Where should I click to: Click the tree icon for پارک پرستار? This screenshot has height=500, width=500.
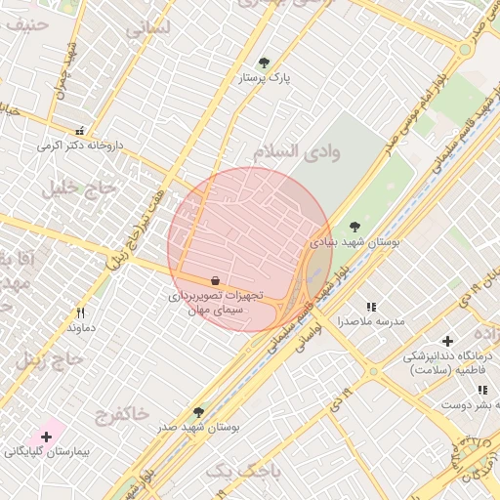(x=264, y=62)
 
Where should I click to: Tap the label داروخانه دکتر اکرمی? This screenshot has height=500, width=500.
(x=81, y=146)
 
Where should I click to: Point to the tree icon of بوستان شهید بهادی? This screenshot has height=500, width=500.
(x=354, y=227)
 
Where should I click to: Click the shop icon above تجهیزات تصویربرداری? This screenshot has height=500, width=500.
(x=215, y=280)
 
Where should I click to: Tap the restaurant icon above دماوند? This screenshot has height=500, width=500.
(x=81, y=313)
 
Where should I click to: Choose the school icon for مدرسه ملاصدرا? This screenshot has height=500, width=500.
(x=370, y=307)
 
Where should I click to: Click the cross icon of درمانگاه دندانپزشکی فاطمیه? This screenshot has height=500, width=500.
(x=447, y=341)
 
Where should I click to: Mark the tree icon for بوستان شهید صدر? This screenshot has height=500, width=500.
(x=199, y=413)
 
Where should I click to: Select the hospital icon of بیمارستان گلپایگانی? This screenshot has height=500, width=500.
(x=46, y=436)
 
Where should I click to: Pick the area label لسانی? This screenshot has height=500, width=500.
(x=147, y=28)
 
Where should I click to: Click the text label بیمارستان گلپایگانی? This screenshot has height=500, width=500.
(x=46, y=452)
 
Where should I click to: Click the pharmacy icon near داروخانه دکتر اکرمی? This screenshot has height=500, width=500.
(x=80, y=131)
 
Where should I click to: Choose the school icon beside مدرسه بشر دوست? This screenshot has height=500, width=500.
(x=482, y=390)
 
